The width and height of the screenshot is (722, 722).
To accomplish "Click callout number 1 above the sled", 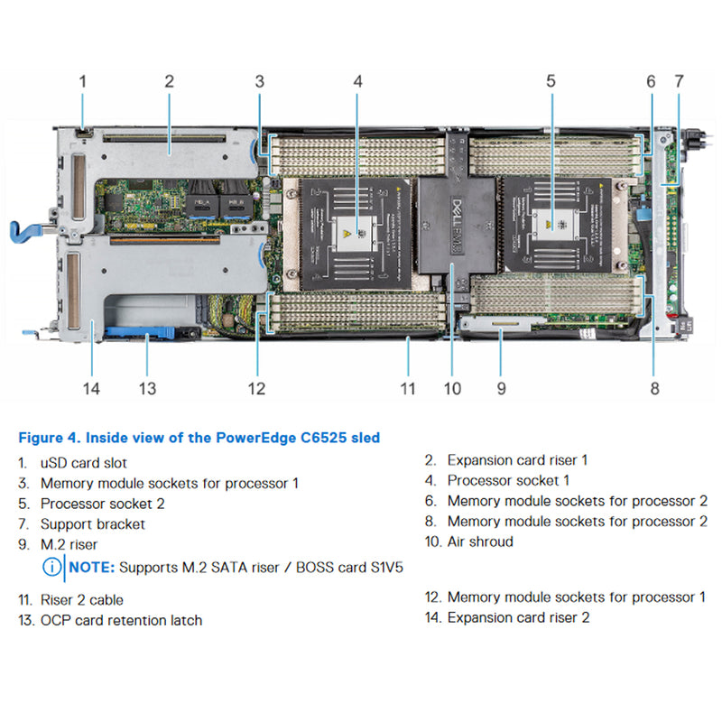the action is pyautogui.click(x=82, y=81).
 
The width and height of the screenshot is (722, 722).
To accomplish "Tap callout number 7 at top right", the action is pyautogui.click(x=679, y=81).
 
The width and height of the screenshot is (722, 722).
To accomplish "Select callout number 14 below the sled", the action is pyautogui.click(x=91, y=388).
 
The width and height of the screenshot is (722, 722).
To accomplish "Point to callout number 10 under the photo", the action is pyautogui.click(x=451, y=388).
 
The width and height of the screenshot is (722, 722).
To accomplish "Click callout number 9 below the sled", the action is pyautogui.click(x=501, y=388).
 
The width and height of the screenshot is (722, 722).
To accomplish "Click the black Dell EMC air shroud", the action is pyautogui.click(x=457, y=226).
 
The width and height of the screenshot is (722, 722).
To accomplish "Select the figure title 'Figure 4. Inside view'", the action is pyautogui.click(x=199, y=439).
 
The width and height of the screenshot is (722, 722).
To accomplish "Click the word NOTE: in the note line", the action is pyautogui.click(x=91, y=568).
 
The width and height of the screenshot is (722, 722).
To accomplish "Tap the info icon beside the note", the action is pyautogui.click(x=52, y=568).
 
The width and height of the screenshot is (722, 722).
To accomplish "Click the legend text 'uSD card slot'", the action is pyautogui.click(x=83, y=462).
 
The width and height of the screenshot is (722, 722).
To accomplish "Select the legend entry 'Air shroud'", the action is pyautogui.click(x=480, y=541).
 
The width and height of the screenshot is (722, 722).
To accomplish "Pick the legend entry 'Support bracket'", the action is pyautogui.click(x=92, y=523).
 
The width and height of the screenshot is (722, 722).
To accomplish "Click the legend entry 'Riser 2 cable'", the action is pyautogui.click(x=81, y=599).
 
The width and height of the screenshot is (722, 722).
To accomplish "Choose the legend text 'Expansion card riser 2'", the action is pyautogui.click(x=518, y=617).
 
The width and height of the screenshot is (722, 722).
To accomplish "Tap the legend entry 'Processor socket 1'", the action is pyautogui.click(x=508, y=480).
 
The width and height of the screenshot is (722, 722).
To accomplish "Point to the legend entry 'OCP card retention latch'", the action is pyautogui.click(x=121, y=620).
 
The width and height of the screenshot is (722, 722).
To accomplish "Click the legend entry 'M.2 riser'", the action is pyautogui.click(x=69, y=544).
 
